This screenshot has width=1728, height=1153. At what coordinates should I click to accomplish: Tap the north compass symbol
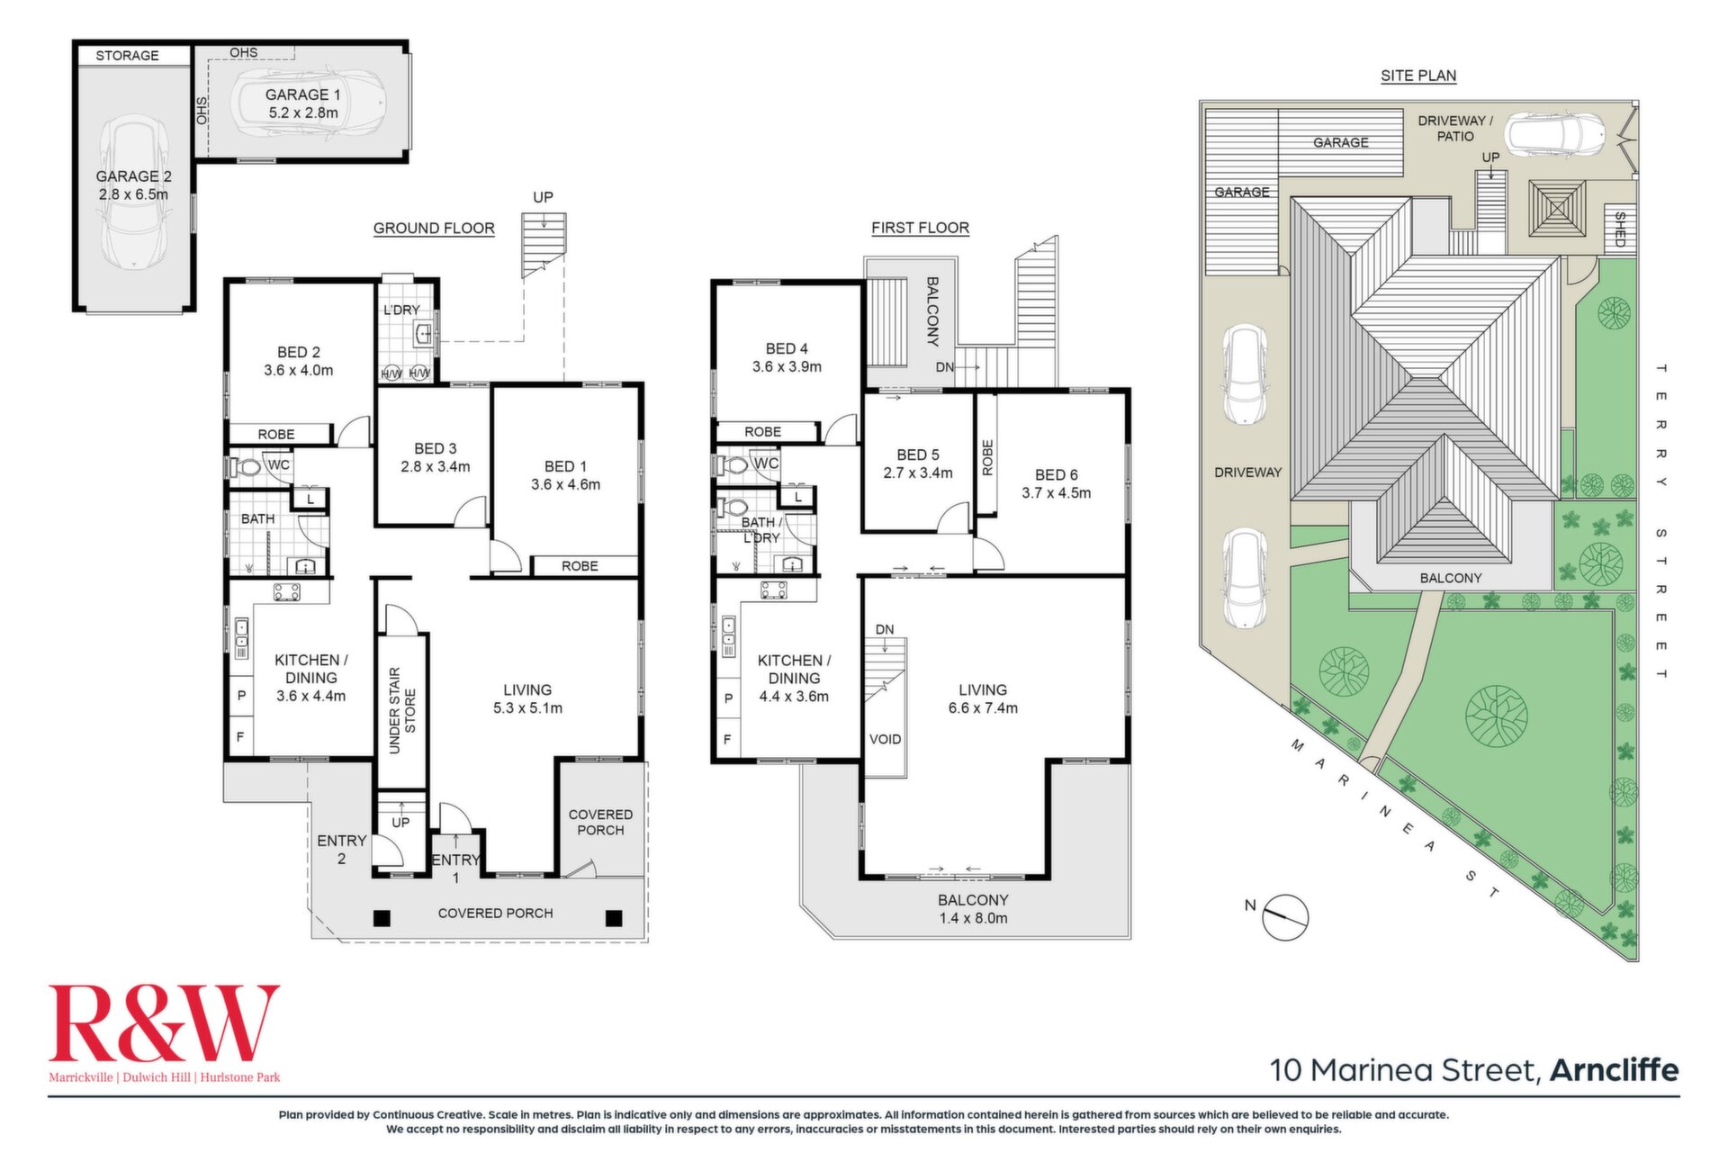point(1285,917)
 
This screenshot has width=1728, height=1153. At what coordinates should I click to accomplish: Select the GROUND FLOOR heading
point(434,229)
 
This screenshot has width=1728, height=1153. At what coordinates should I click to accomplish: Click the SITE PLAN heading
point(1418,76)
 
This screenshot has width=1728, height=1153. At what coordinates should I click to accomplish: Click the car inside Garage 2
point(133,192)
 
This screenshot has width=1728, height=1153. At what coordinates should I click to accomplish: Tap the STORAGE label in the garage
point(127,56)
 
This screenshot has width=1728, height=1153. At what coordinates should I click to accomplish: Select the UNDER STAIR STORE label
point(401,710)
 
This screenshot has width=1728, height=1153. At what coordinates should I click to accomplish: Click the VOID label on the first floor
point(885,739)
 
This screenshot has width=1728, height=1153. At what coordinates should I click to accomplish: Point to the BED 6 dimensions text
point(1056,493)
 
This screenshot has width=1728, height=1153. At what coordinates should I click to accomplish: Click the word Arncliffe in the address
point(1615,1070)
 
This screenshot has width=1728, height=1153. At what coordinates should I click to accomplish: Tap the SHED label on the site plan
point(1620,229)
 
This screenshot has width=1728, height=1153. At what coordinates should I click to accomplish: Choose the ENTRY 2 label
point(341,850)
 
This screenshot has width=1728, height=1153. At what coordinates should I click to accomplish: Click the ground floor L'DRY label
point(401,310)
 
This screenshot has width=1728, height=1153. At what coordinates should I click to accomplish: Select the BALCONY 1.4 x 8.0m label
point(973,909)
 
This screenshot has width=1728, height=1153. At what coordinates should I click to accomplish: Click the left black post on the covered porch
point(382,918)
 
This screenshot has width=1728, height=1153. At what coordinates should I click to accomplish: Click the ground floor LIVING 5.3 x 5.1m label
point(527,698)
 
